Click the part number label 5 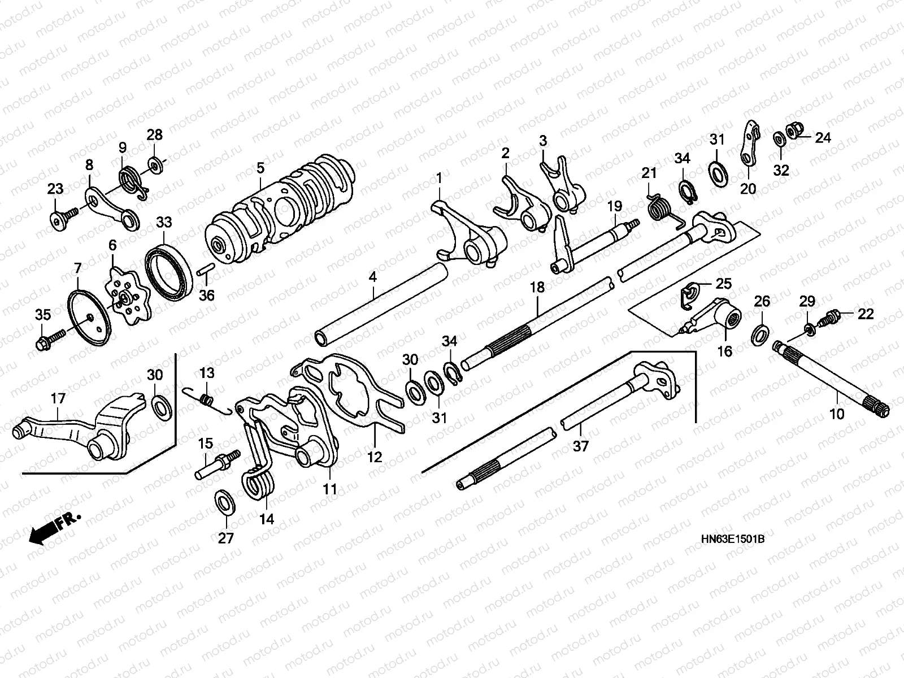pos(260,168)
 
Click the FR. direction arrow pos(54,528)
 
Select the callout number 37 pos(581,446)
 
